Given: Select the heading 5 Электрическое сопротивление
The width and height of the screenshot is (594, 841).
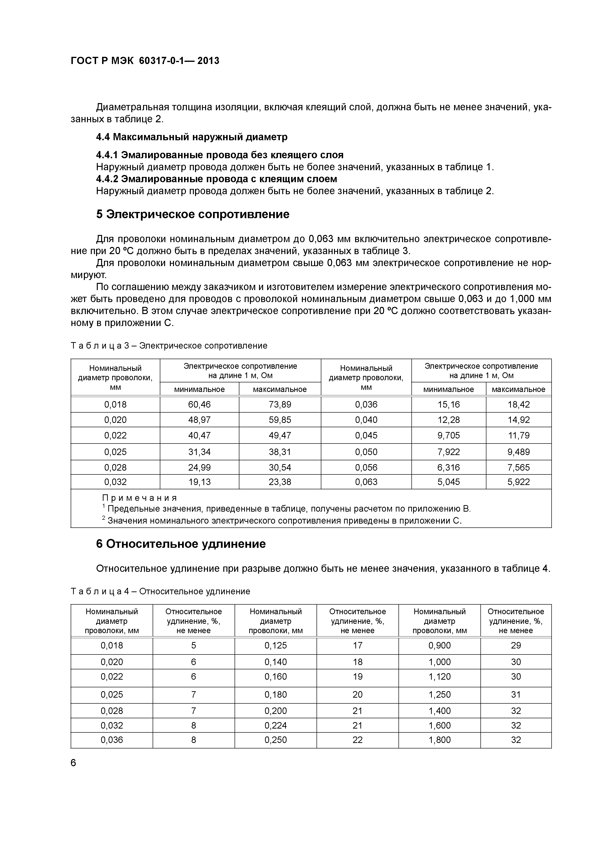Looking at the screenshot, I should (x=192, y=214).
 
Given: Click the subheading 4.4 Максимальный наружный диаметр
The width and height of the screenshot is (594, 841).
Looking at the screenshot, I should (x=192, y=137).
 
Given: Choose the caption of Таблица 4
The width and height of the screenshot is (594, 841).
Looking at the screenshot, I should (x=160, y=591).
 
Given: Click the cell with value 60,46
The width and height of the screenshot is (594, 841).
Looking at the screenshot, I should (x=199, y=404).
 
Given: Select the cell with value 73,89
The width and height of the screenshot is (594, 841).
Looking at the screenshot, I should (x=280, y=404).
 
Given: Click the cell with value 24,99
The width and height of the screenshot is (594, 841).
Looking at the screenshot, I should (x=199, y=467).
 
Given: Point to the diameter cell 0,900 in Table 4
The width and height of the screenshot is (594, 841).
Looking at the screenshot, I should (x=439, y=645).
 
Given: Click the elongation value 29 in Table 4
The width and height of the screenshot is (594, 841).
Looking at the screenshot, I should (x=516, y=645).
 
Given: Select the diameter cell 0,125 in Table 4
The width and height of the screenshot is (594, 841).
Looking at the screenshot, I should (x=276, y=645).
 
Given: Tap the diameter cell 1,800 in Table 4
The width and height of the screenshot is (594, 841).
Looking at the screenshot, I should (x=439, y=740).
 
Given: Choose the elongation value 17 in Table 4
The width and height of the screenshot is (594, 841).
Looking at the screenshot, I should (x=358, y=645).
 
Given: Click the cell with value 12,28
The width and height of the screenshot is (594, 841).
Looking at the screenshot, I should (x=449, y=420).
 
